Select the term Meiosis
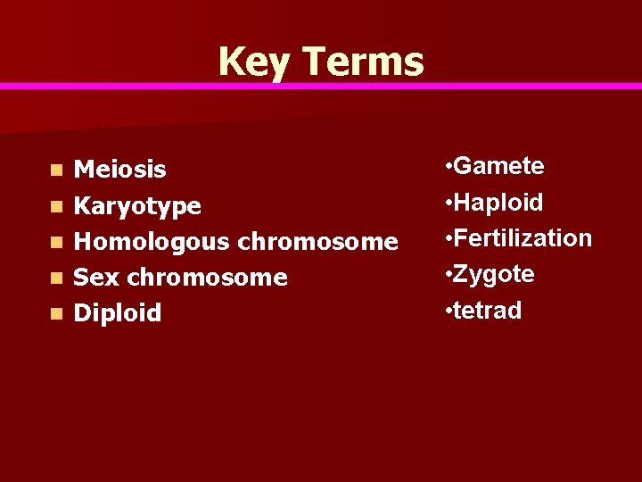point(119,169)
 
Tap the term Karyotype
point(137,206)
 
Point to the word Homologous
point(152,241)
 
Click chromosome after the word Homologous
point(317,241)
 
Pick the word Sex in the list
point(96,278)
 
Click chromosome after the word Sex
point(207,278)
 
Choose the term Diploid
point(118,313)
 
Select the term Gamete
point(498,166)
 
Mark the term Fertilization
point(523,238)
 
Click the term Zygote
point(494,274)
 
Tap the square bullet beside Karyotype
point(57,206)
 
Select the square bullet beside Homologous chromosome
point(57,242)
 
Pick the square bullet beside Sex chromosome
point(57,278)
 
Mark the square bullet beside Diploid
point(57,313)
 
